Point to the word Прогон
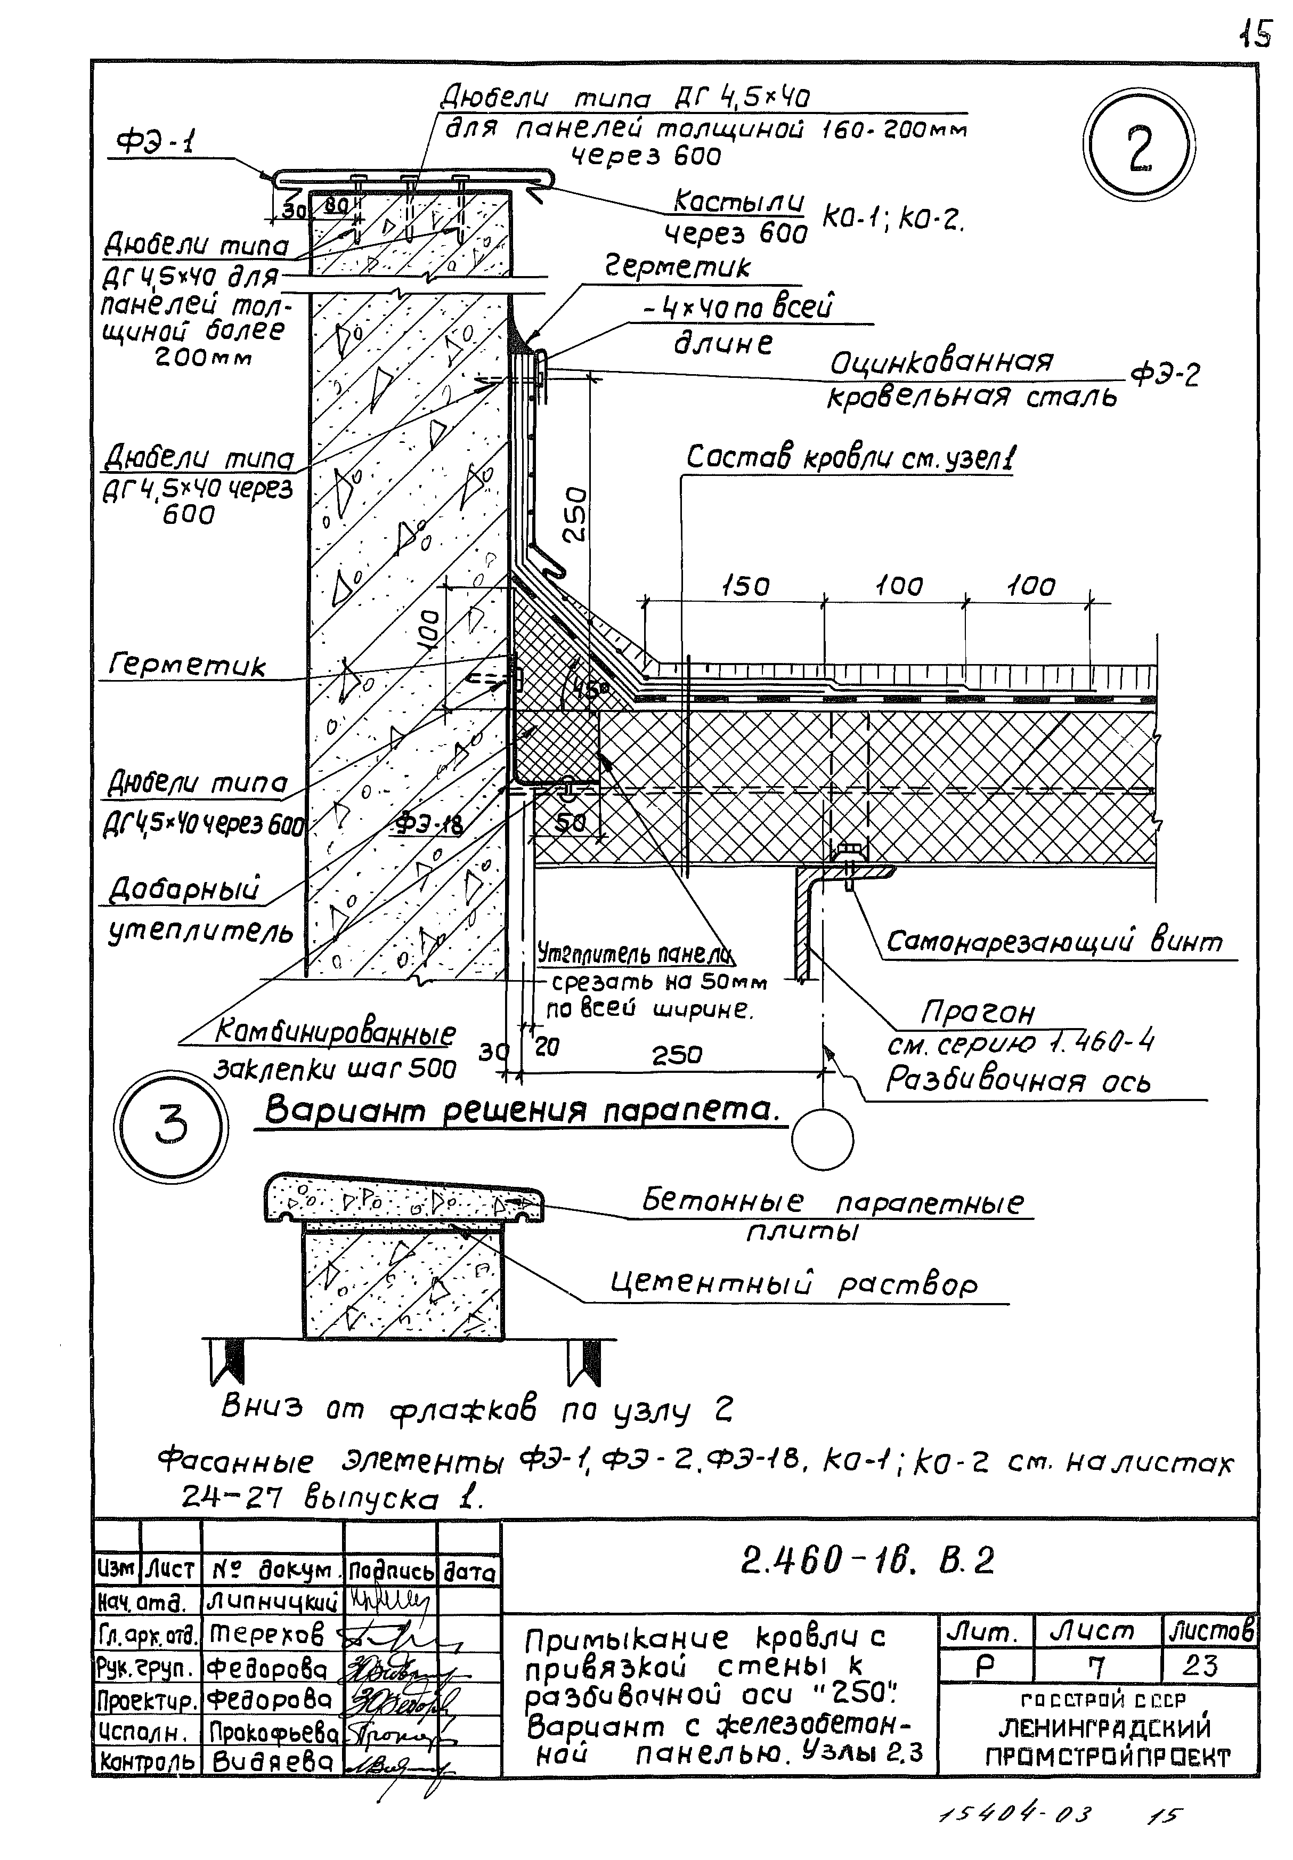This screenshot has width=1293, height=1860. (977, 1012)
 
